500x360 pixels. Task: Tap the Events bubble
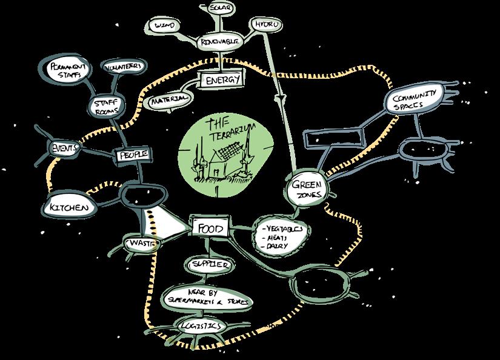64,147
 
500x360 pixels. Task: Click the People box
133,156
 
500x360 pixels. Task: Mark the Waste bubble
141,243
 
